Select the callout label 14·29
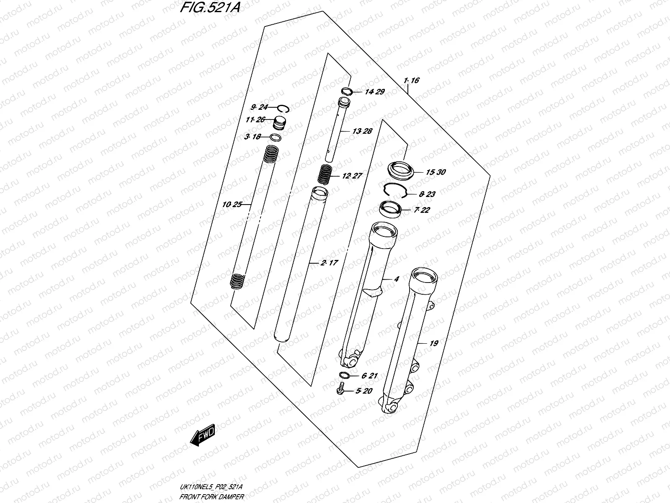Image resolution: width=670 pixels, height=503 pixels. [374, 92]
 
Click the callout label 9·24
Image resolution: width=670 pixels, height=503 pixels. [259, 107]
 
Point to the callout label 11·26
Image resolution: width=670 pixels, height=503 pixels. [255, 120]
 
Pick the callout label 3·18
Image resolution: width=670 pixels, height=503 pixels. [253, 137]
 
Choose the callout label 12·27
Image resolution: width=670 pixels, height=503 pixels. [351, 176]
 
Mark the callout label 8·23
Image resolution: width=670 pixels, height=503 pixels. [427, 194]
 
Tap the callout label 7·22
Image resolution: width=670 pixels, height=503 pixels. [421, 210]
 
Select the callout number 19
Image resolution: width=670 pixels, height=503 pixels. [434, 343]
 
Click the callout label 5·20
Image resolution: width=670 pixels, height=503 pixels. [363, 391]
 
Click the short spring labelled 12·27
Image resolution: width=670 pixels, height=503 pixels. [325, 174]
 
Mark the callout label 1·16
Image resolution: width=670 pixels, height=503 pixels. [411, 80]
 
